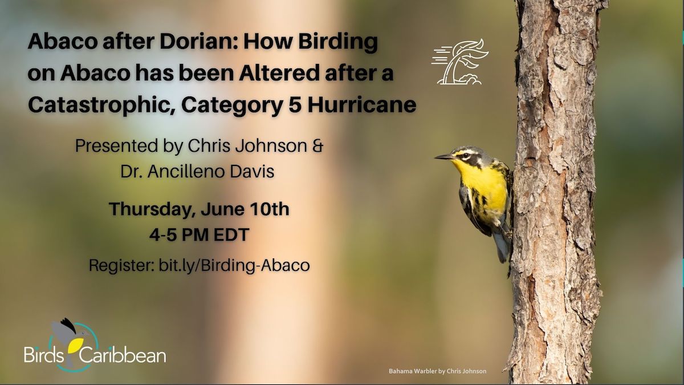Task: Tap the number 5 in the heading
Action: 295,105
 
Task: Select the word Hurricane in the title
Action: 362,105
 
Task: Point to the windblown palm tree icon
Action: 459,62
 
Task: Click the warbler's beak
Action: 444,157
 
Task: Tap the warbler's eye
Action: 465,156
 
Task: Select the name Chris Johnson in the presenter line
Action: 247,146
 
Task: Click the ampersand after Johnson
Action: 317,146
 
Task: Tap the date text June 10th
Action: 245,209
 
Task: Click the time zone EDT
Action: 231,235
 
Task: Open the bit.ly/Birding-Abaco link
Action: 234,265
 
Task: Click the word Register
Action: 121,266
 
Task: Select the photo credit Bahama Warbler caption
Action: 437,371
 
